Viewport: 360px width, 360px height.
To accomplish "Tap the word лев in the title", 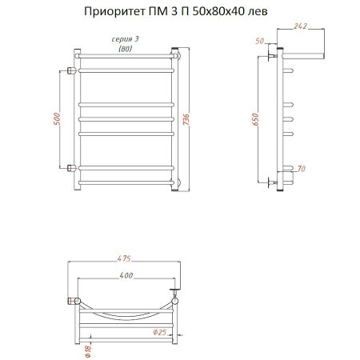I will pyautogui.click(x=259, y=13).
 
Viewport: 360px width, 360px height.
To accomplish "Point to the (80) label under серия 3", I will pyautogui.click(x=126, y=49).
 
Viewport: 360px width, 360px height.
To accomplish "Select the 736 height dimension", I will pyautogui.click(x=197, y=120).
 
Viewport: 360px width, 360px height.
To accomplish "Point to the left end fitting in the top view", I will pyautogui.click(x=73, y=302).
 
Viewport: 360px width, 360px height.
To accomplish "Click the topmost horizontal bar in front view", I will pyautogui.click(x=126, y=57).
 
